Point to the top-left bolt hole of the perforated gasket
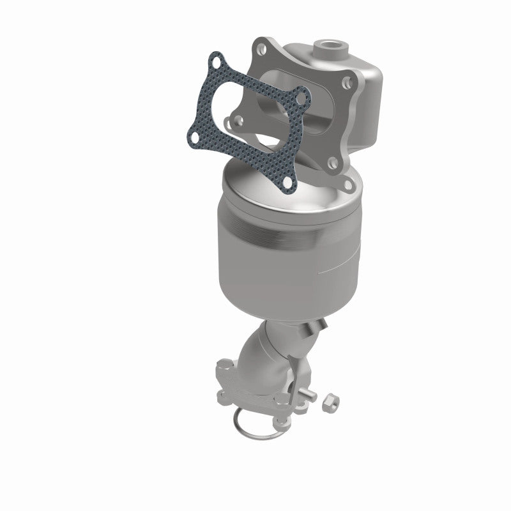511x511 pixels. [217, 63]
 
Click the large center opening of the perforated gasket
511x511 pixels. [249, 118]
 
